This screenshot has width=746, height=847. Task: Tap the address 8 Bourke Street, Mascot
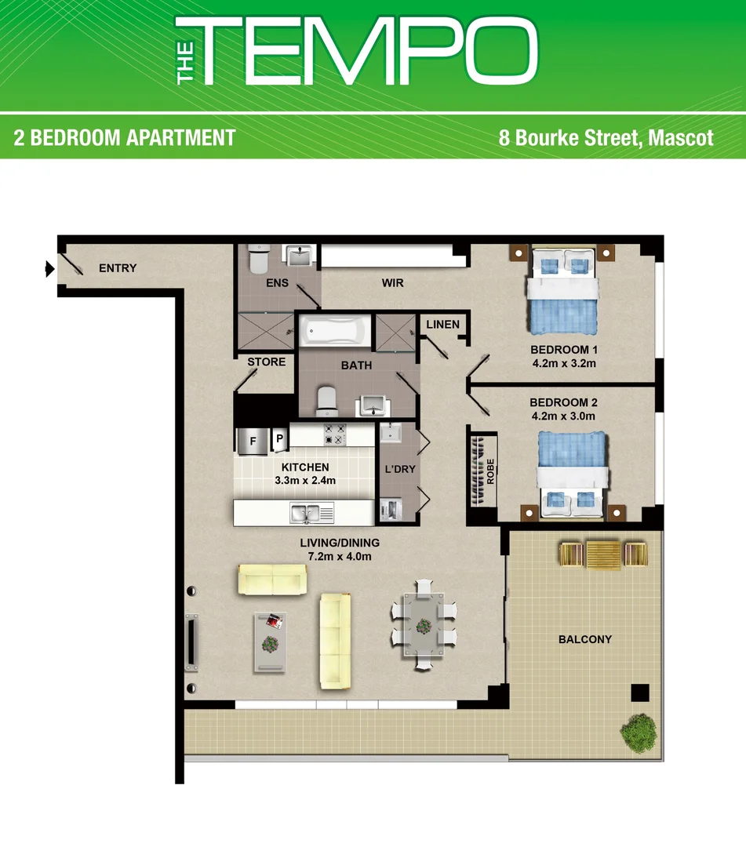point(606,138)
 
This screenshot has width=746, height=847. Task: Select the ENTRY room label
point(118,268)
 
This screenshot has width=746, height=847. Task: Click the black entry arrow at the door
point(49,270)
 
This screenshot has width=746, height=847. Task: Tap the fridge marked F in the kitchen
point(253,441)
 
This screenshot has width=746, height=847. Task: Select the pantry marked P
point(278,440)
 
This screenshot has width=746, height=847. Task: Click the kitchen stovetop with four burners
point(335,434)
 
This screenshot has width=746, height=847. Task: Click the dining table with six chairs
point(424,624)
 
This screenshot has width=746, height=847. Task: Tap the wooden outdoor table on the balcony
point(602,554)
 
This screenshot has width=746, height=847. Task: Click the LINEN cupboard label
point(442,325)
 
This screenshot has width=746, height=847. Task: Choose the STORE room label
point(267,362)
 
